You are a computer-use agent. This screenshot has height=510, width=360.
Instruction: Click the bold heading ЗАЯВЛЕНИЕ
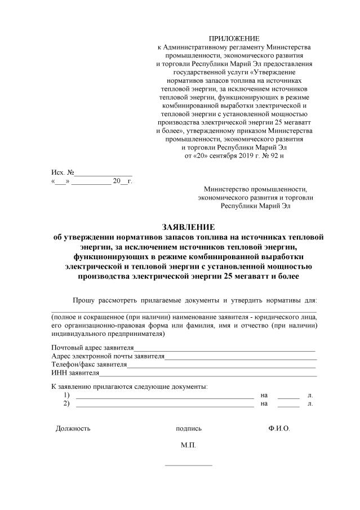[188, 228]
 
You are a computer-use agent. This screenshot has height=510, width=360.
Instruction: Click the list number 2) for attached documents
[66, 403]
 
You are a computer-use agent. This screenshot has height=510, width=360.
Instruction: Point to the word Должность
[73, 428]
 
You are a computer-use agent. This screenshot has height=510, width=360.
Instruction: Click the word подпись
[189, 428]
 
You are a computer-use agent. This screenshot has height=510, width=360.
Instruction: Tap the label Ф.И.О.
[279, 428]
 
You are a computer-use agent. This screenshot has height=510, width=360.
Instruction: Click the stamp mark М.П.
[188, 445]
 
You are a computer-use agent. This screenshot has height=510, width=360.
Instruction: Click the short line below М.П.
[188, 465]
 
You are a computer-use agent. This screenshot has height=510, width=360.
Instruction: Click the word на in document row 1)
[264, 396]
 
